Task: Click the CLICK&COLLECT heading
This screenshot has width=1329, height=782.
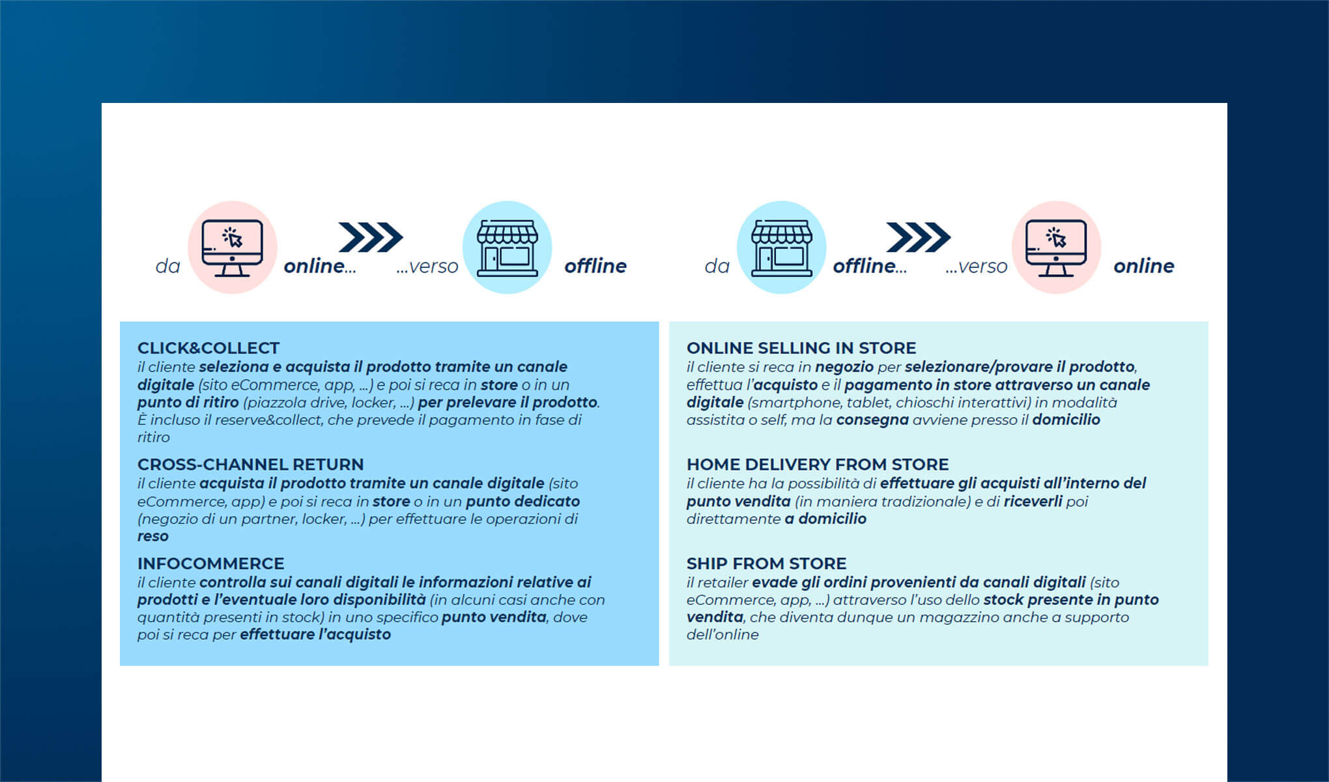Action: point(208,348)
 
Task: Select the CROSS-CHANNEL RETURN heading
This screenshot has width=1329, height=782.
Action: point(251,465)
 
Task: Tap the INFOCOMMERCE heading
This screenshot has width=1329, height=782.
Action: point(211,564)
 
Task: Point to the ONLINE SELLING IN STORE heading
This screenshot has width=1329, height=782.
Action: point(801,348)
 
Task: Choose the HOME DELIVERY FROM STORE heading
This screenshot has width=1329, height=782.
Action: point(818,465)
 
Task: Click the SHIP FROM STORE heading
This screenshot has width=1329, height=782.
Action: point(767,564)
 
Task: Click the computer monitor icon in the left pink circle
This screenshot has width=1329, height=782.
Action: point(233,248)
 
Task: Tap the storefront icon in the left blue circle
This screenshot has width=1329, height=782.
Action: point(507,248)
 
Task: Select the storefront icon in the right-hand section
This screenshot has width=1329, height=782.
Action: point(782,248)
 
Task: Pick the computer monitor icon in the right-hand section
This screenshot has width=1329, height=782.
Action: point(1056,248)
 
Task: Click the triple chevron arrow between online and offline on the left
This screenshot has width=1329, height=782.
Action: point(371,237)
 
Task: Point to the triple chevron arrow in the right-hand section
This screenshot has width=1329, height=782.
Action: point(919,237)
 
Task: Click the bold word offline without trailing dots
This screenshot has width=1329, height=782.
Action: point(595,266)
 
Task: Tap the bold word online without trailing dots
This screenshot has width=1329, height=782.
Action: point(1144,266)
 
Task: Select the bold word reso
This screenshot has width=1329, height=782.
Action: point(153,536)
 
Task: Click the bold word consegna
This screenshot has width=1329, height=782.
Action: point(872,420)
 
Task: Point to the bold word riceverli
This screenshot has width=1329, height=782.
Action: point(1033,501)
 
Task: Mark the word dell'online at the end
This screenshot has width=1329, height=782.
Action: point(722,635)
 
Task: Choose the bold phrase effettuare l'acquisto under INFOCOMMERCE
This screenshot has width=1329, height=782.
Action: point(315,635)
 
